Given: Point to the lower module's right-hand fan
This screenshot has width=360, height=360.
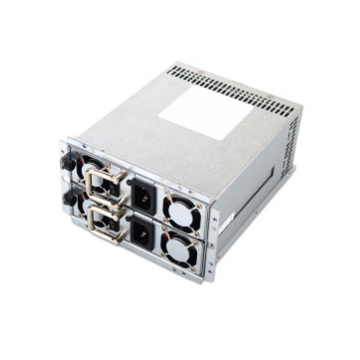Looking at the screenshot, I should pyautogui.click(x=179, y=248).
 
